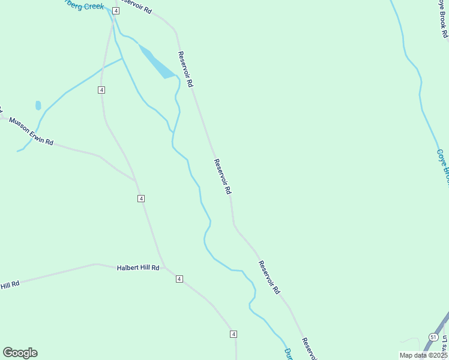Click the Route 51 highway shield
(433, 338)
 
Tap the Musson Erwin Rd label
(31, 131)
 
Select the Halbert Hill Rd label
(137, 268)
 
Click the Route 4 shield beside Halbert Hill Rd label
(179, 279)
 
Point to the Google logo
(20, 353)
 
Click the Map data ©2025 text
(423, 355)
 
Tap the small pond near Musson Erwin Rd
(38, 106)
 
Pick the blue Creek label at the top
(84, 5)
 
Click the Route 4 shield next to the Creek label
(115, 11)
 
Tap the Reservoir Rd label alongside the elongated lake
(185, 70)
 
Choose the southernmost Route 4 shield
(234, 334)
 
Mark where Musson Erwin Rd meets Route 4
(135, 179)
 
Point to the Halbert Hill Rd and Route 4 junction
(163, 268)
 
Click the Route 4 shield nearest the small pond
(101, 90)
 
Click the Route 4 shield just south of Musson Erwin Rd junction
(141, 199)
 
